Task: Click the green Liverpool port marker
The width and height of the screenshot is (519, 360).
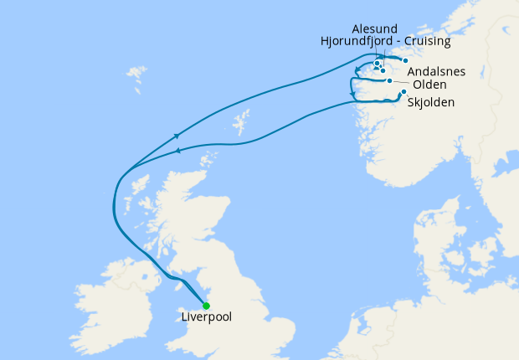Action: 206,306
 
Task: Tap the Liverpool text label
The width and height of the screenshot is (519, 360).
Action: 207,318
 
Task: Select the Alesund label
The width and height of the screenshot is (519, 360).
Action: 374,28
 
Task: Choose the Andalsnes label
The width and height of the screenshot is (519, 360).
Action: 436,72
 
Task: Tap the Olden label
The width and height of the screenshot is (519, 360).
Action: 429,85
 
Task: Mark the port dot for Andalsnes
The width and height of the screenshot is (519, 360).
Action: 405,61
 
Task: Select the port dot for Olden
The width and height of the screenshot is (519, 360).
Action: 390,81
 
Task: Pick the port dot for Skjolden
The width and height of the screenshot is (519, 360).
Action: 403,92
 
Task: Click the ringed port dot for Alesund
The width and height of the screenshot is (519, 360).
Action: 378,64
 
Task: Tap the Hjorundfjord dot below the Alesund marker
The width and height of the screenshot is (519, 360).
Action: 383,70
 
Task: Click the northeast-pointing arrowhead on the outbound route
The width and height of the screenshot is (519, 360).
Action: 177,135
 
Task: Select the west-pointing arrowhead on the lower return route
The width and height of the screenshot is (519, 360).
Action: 177,152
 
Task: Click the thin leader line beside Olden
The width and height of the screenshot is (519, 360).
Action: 402,83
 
